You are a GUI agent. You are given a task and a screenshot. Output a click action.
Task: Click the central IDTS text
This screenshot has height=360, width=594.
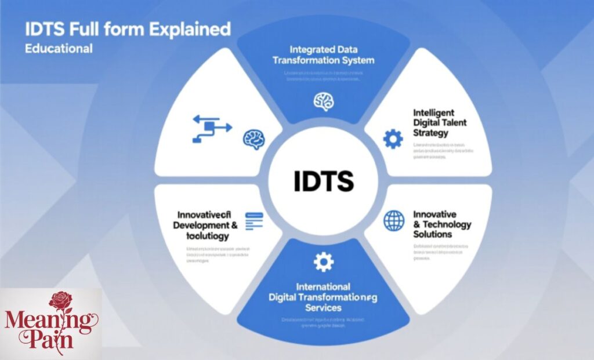[x=324, y=181]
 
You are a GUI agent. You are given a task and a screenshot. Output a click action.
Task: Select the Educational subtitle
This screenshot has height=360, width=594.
[x=58, y=48]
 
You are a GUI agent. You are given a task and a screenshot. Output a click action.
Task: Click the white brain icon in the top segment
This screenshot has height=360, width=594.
[x=323, y=101]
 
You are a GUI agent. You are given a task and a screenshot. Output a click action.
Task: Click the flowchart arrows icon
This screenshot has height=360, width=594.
[x=211, y=129]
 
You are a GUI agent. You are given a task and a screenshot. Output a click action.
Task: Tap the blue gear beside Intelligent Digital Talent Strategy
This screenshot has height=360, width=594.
[x=393, y=139]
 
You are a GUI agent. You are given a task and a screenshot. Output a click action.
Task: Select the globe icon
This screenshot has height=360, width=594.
[x=394, y=220]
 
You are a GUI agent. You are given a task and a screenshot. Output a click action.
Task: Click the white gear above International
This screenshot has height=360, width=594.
[x=323, y=262]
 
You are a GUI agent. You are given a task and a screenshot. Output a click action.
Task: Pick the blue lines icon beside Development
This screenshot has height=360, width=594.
[x=254, y=220]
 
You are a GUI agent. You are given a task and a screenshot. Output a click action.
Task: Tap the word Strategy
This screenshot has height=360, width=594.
[x=431, y=133]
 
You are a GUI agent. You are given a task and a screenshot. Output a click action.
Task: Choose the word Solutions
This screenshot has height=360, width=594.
[x=432, y=234]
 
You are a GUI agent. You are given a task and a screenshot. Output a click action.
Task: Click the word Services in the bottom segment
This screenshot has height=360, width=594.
[x=323, y=307]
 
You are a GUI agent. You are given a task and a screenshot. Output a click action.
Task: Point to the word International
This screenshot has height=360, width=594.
[x=323, y=286]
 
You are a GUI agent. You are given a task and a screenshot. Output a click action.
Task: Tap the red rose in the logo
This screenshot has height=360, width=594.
[x=60, y=301]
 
